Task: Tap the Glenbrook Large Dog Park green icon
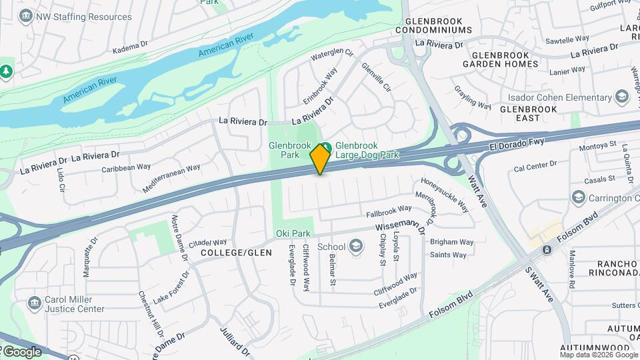326,147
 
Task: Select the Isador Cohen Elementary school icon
623,97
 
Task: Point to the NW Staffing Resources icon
27,17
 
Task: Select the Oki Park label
293,233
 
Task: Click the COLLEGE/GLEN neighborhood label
236,253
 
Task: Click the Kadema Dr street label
129,47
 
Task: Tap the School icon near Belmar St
356,247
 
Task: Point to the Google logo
22,351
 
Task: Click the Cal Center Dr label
535,165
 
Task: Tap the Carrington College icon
578,197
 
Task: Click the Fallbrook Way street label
389,211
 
